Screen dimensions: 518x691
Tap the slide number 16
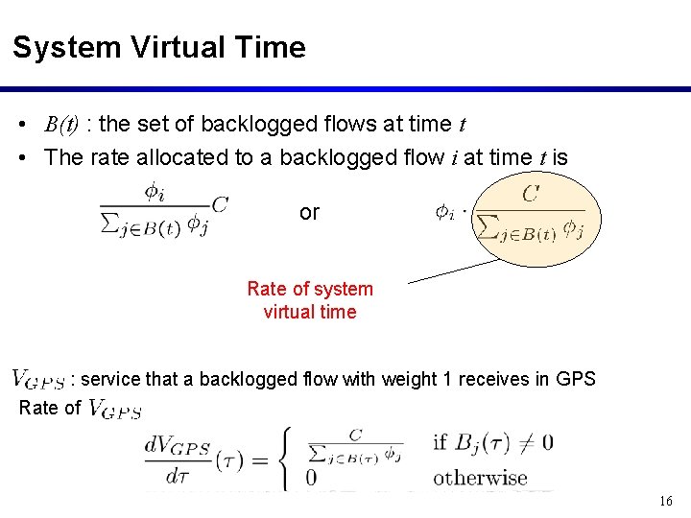coord(667,501)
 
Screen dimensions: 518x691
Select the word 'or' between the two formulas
coord(309,213)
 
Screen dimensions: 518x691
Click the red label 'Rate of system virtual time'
coord(309,300)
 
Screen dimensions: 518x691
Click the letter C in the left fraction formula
coord(220,203)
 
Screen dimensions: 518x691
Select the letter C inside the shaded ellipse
coord(530,195)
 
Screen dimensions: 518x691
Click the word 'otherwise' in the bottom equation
coord(480,478)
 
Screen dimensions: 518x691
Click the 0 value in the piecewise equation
coord(311,478)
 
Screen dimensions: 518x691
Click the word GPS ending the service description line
coord(576,379)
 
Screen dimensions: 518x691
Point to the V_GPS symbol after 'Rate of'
coord(115,410)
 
